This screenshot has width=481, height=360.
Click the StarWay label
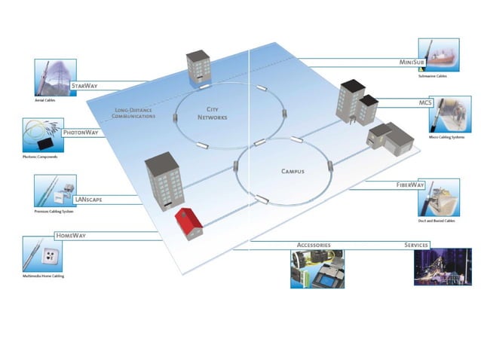coord(84,87)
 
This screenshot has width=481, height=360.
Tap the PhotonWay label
coord(81,133)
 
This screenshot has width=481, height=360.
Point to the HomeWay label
coord(71,236)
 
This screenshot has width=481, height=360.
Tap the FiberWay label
coord(412,185)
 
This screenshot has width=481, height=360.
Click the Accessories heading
coord(314,246)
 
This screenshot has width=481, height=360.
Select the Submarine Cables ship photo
coord(438,54)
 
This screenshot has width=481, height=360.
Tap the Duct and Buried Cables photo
coord(438,197)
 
